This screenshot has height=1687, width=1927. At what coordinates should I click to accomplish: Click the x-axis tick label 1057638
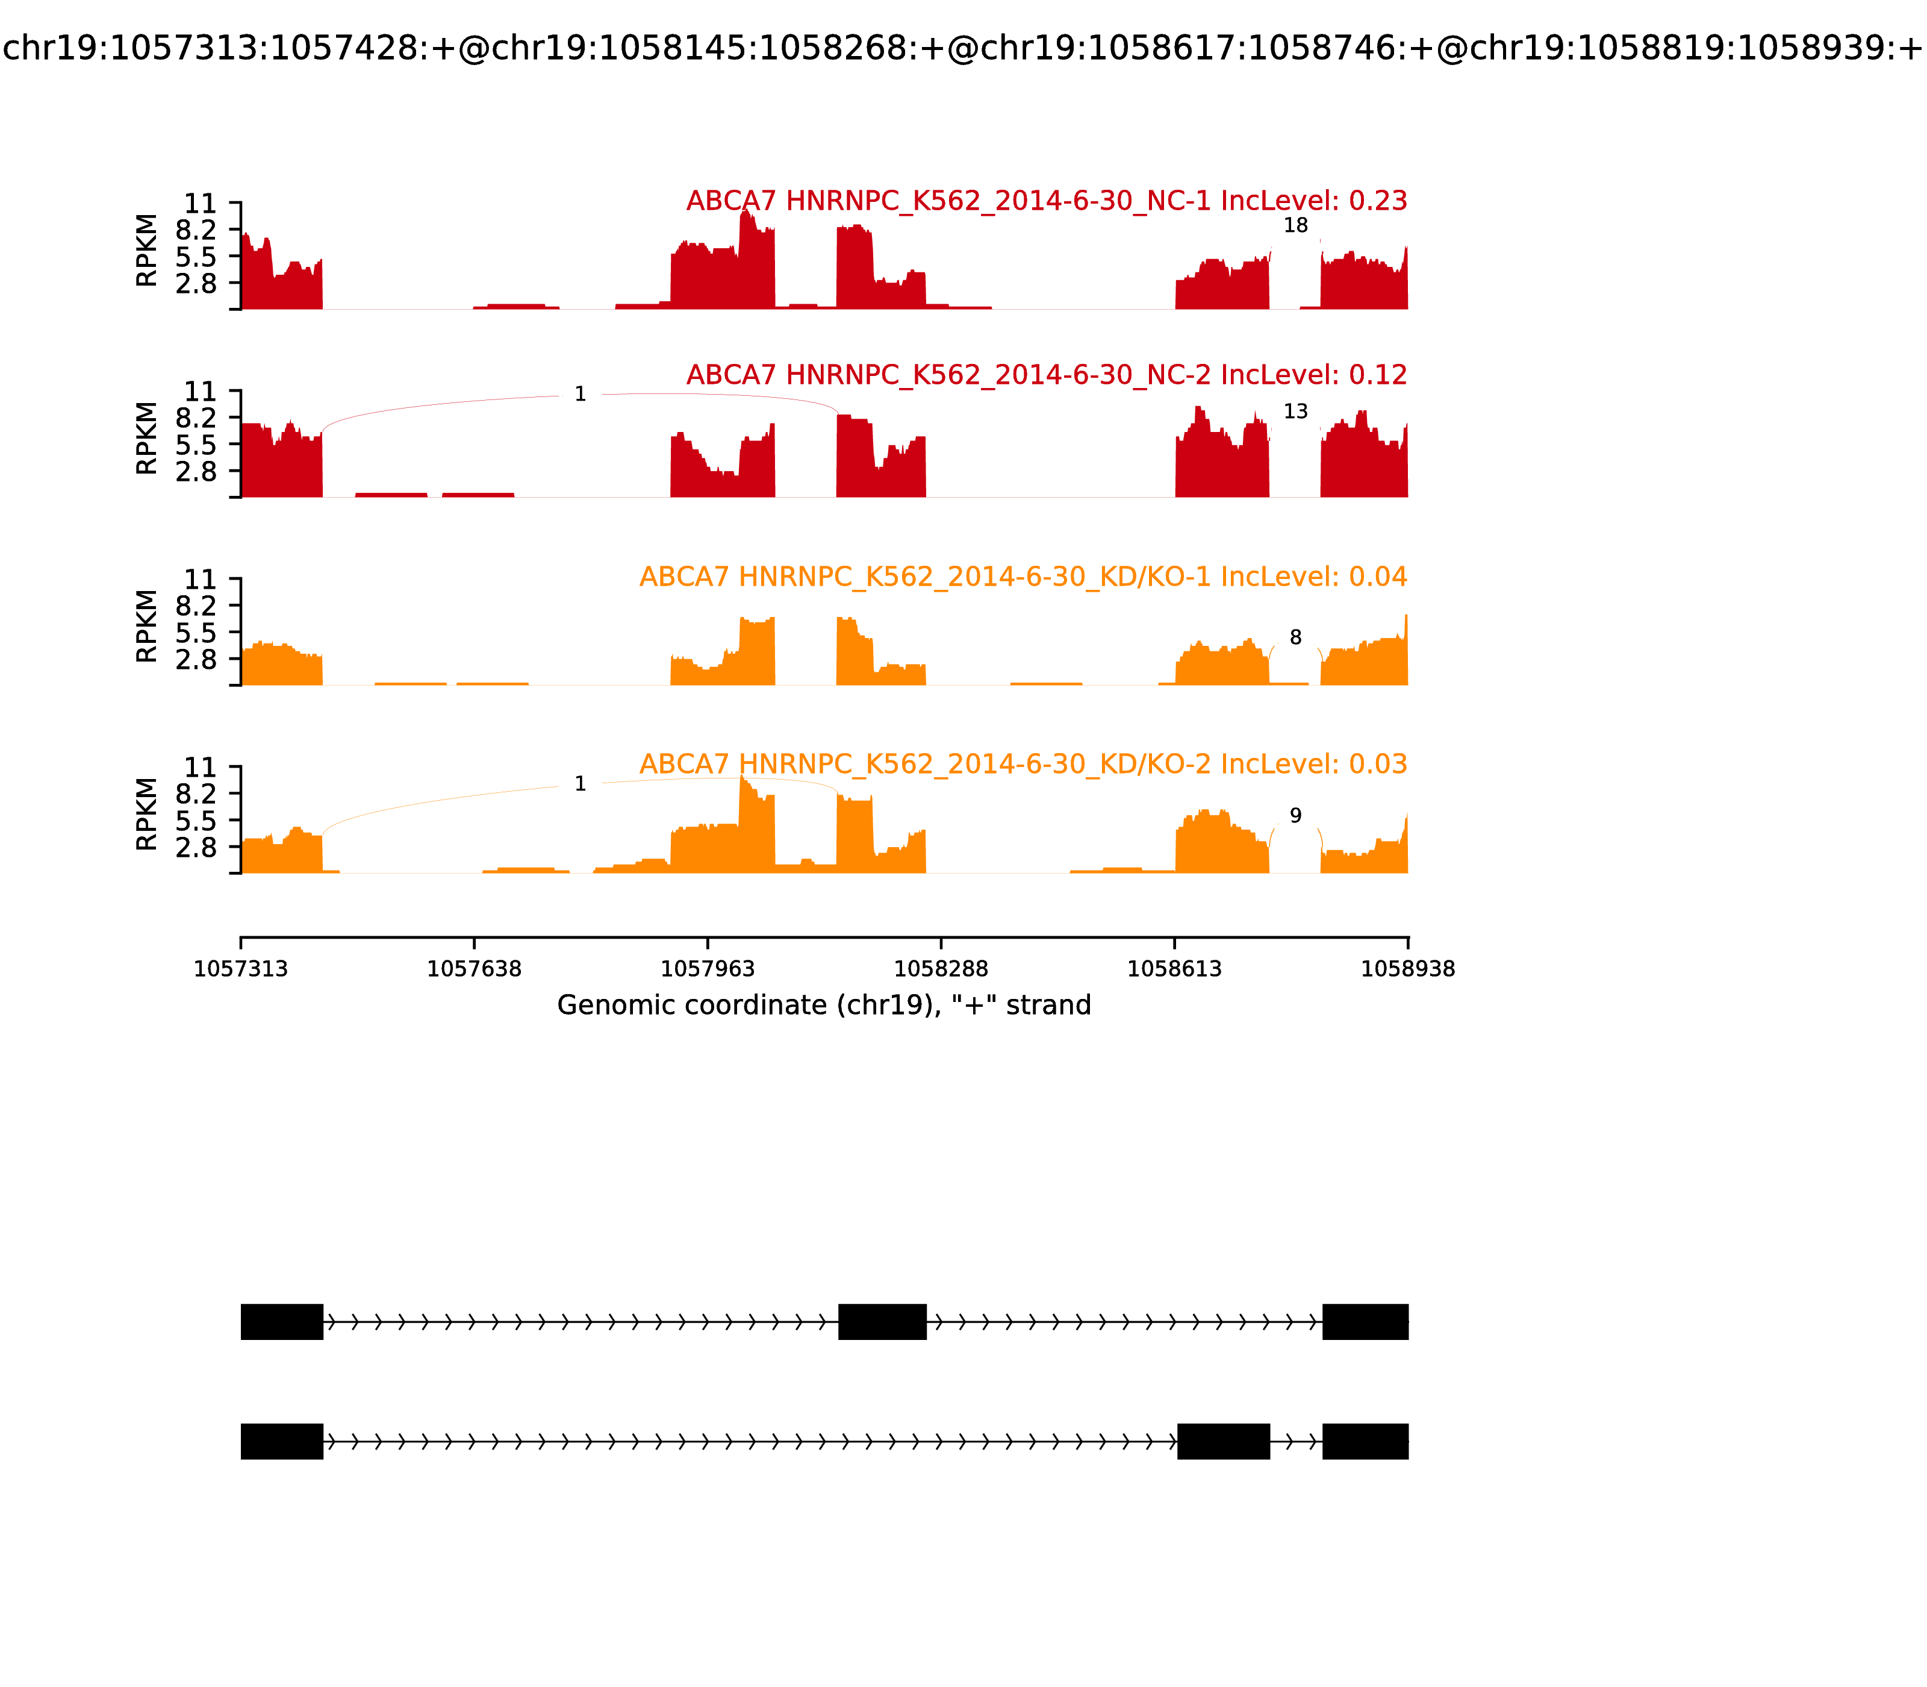pos(475,969)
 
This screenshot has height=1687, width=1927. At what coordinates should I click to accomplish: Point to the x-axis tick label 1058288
pos(941,969)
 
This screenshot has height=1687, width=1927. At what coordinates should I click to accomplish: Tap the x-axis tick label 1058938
pos(1408,969)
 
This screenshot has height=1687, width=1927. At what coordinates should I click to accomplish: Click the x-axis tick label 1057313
pos(241,969)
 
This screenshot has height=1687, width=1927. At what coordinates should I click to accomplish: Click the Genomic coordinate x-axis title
pos(824,1006)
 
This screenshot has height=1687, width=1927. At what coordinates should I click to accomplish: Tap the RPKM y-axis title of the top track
pos(147,251)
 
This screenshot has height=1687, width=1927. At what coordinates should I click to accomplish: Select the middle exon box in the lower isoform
pos(1223,1441)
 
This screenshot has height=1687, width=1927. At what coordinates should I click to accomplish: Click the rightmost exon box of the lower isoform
pos(1365,1441)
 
